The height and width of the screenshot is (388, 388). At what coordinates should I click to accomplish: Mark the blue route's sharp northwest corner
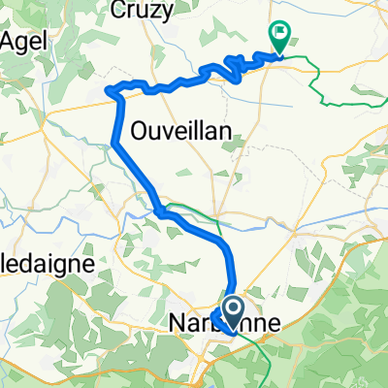[x=117, y=91]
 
